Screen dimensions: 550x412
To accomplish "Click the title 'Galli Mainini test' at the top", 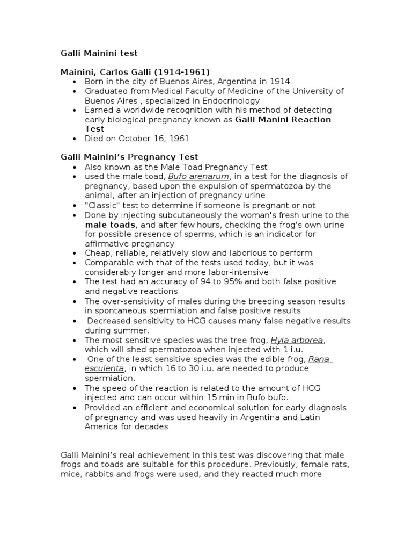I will [99, 53].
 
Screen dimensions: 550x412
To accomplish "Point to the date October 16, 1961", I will [154, 139].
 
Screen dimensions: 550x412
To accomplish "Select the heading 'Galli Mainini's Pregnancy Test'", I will [129, 157].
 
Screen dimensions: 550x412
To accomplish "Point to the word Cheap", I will [97, 253].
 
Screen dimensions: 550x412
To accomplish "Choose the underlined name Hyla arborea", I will [298, 340].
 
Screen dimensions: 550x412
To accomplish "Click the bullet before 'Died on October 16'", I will [75, 139].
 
